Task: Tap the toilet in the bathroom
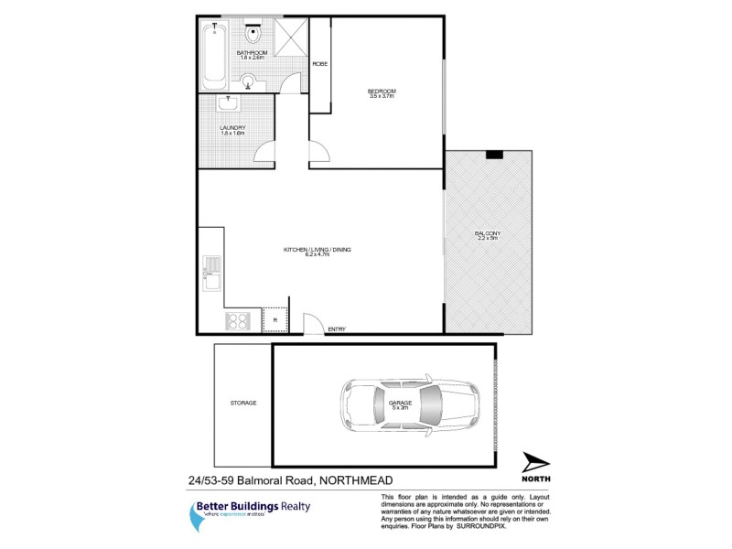tap(256, 36)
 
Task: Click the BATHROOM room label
tap(252, 54)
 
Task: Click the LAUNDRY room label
tap(232, 128)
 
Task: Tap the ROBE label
tap(320, 63)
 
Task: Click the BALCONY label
tap(487, 234)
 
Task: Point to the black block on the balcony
tap(495, 154)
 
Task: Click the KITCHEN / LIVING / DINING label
tap(318, 250)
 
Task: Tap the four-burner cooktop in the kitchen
tap(239, 320)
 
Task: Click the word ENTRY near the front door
tap(337, 329)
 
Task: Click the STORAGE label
tap(242, 403)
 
